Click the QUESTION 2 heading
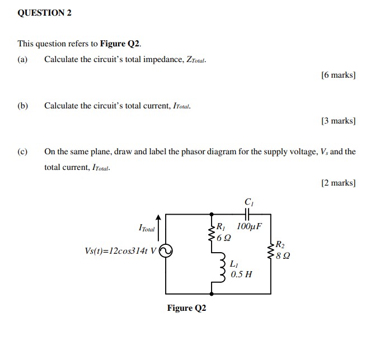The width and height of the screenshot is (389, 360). tap(45, 12)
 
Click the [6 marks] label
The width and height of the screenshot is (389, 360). tap(339, 75)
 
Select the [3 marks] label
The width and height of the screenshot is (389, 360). tap(339, 121)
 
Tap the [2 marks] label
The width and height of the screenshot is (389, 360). tap(339, 182)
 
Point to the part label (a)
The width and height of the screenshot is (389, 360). tap(23, 59)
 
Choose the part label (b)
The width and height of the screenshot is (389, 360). tap(23, 105)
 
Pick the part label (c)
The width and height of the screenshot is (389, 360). tap(23, 151)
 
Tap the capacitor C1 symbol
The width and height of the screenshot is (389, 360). tap(248, 213)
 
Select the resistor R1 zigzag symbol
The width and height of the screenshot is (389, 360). tap(212, 234)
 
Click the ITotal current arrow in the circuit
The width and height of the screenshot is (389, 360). tap(159, 225)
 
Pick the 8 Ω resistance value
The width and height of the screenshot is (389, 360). tap(283, 255)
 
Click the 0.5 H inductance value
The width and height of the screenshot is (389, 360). tap(241, 274)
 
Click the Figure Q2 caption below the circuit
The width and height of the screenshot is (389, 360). tap(186, 309)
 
